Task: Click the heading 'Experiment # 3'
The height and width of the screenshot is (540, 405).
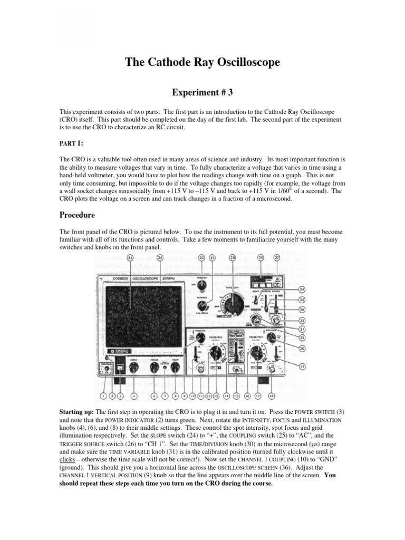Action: (x=202, y=92)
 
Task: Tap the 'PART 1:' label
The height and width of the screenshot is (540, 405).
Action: (x=71, y=143)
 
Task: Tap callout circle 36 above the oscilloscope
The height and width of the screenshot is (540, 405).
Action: (x=130, y=258)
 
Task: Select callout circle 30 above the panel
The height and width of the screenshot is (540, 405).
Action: (x=232, y=258)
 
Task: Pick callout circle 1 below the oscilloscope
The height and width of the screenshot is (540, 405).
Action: (x=103, y=396)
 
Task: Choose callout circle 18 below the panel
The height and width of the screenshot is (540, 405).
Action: (x=272, y=396)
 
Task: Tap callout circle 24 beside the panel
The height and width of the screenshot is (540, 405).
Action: (x=302, y=290)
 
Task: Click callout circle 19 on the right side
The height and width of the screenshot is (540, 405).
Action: (x=302, y=366)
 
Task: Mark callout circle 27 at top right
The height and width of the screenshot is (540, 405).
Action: (x=277, y=258)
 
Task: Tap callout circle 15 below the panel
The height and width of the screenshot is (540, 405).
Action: (x=236, y=396)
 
